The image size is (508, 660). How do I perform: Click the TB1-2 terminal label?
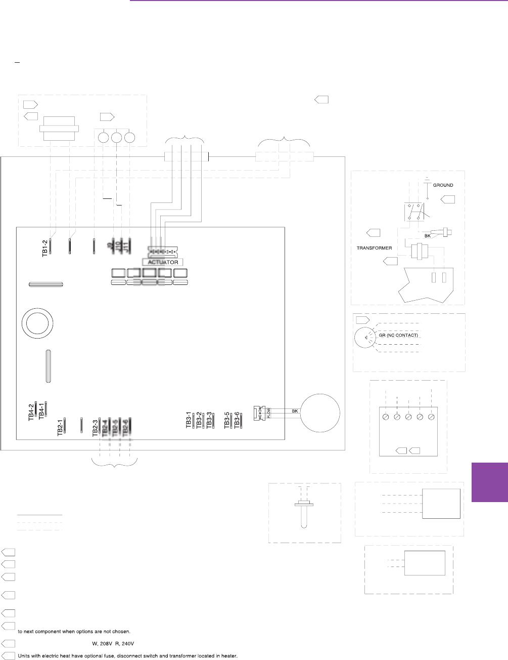[x=44, y=247]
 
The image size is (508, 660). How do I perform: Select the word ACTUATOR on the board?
[x=163, y=262]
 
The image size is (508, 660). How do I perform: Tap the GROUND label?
[x=443, y=185]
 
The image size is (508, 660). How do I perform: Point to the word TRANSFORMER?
[x=375, y=248]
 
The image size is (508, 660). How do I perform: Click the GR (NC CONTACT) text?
[x=398, y=335]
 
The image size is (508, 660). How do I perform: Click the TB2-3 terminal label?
[x=95, y=427]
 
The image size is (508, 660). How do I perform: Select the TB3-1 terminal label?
[x=189, y=421]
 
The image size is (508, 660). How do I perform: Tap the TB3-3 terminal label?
[x=209, y=421]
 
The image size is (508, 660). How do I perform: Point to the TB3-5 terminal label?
[x=227, y=421]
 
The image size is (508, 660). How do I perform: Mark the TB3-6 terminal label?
[x=237, y=421]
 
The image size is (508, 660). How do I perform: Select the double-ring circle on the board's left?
[x=37, y=323]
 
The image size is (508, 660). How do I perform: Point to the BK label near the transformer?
[x=427, y=236]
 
